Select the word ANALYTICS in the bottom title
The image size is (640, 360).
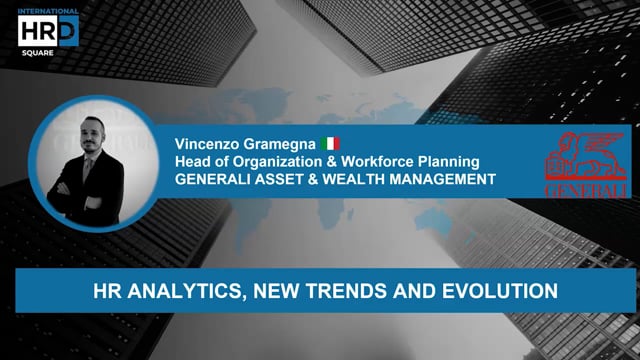(179, 291)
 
